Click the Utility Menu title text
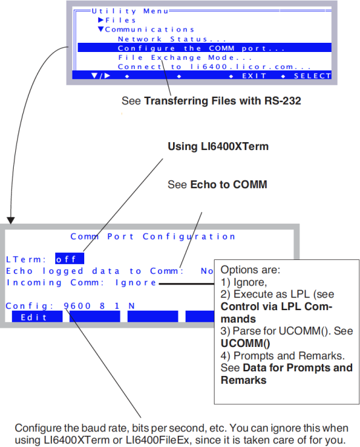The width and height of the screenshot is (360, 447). pos(130,11)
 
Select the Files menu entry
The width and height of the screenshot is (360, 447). pos(120,20)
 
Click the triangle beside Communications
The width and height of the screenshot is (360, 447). pos(101,29)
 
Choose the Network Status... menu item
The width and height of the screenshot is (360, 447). pos(172,39)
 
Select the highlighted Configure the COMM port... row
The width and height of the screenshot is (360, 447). pos(205,48)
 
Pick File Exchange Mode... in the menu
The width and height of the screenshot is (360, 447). pos(185,57)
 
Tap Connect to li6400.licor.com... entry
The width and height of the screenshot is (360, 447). pos(215,66)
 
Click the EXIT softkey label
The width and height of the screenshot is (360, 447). pos(254,76)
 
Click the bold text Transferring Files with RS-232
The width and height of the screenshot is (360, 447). pos(222,101)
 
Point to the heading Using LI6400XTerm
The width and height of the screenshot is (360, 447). pos(218,146)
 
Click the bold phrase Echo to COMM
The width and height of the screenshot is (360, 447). pos(228,184)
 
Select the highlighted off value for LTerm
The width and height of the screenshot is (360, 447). pos(70,259)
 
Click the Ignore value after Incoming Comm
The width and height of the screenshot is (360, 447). pos(136,282)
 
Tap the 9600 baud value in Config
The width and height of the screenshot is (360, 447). pos(77,306)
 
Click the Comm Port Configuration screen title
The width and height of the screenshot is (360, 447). pos(153,236)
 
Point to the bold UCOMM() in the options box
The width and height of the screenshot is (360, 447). pos(245,344)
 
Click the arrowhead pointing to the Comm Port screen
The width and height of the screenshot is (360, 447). pos(11,221)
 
